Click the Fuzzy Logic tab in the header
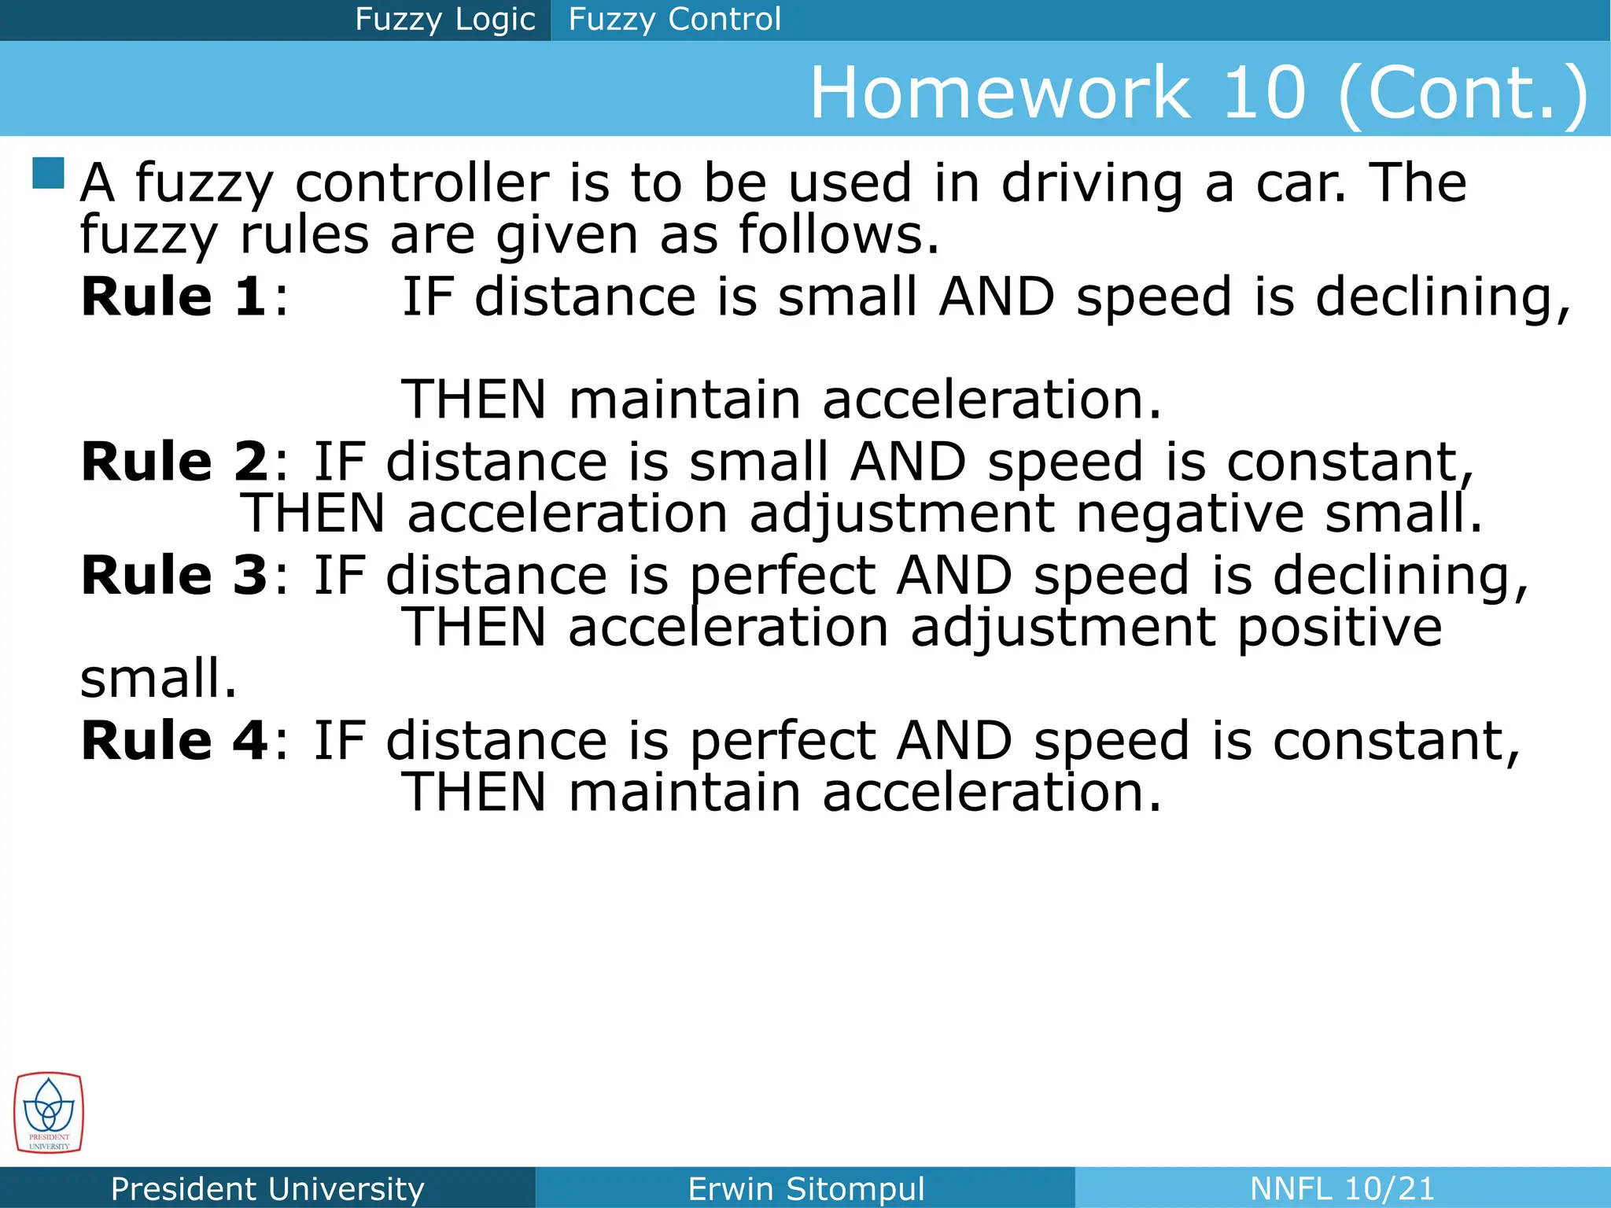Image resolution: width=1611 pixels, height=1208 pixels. pyautogui.click(x=444, y=20)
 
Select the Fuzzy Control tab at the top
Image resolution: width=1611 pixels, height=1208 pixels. pyautogui.click(x=674, y=20)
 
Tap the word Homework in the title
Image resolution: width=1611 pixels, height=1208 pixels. pyautogui.click(x=1001, y=93)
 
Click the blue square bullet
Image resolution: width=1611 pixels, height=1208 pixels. pyautogui.click(x=48, y=173)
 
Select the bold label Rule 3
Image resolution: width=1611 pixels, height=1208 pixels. pyautogui.click(x=174, y=576)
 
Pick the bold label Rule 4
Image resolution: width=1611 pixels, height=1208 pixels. pyautogui.click(x=174, y=741)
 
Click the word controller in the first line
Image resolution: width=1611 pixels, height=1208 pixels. pyautogui.click(x=422, y=182)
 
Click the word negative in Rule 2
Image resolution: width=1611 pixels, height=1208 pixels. pyautogui.click(x=1189, y=514)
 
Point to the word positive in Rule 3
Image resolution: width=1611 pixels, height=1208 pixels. pyautogui.click(x=1340, y=629)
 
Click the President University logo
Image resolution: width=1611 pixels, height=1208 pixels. pyautogui.click(x=48, y=1113)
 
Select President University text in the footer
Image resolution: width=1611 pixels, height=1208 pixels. pyautogui.click(x=267, y=1188)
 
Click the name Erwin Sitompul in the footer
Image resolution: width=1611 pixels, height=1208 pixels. pyautogui.click(x=805, y=1188)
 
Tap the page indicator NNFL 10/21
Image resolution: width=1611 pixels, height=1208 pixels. pyautogui.click(x=1342, y=1188)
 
